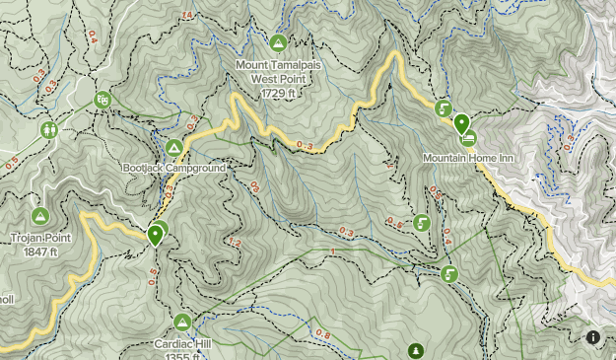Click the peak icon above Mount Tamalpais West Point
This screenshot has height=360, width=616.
(x=279, y=43)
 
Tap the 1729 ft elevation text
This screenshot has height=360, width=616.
(x=279, y=93)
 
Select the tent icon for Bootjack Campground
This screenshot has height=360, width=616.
(x=174, y=148)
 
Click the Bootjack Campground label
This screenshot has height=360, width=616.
(x=174, y=169)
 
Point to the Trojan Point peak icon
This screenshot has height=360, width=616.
(x=40, y=216)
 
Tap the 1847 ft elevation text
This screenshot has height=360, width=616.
(x=40, y=251)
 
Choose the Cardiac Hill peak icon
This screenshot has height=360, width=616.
(x=182, y=323)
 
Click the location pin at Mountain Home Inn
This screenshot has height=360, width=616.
(x=461, y=124)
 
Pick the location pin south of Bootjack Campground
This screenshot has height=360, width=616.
(x=156, y=235)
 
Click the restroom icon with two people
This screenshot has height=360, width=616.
(x=49, y=129)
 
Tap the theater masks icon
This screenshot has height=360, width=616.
(x=103, y=100)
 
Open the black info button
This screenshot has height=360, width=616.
(x=593, y=337)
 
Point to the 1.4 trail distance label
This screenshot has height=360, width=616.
(x=187, y=15)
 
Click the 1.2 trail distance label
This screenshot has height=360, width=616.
(x=235, y=243)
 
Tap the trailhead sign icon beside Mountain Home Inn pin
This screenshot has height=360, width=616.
(x=444, y=108)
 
